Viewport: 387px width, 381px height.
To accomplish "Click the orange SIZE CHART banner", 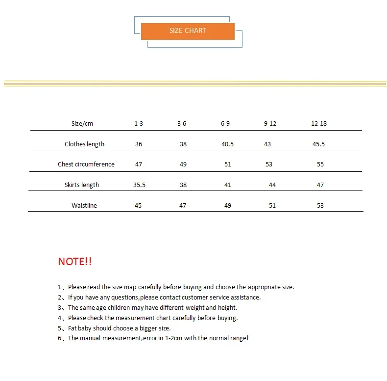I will coord(188,31).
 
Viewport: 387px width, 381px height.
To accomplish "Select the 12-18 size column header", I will coord(318,123).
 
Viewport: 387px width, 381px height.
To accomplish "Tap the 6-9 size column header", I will coord(225,123).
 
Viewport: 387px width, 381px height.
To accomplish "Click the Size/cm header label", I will coord(82,123).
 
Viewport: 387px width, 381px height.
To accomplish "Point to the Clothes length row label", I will coord(84,144).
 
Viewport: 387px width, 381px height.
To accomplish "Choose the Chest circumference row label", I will coord(86,164).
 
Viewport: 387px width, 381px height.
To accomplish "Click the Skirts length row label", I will coord(82,185).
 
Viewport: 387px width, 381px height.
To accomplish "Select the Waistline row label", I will coord(84,206).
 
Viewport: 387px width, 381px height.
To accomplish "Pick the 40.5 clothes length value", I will coord(227,144).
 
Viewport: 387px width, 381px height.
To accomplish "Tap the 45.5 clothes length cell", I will coord(318,144).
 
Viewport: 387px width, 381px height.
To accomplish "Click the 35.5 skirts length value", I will coord(140,185).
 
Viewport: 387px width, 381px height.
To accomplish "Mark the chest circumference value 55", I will coord(320,164).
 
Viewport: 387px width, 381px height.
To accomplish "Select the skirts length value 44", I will coord(272,185).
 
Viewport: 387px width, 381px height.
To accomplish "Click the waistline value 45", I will coord(138,206).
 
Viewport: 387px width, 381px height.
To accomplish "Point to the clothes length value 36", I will coord(139,144).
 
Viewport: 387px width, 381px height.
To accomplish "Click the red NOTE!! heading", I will coord(75,262).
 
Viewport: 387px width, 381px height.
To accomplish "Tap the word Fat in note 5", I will coord(73,328).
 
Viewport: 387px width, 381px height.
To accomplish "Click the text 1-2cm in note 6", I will coord(171,338).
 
